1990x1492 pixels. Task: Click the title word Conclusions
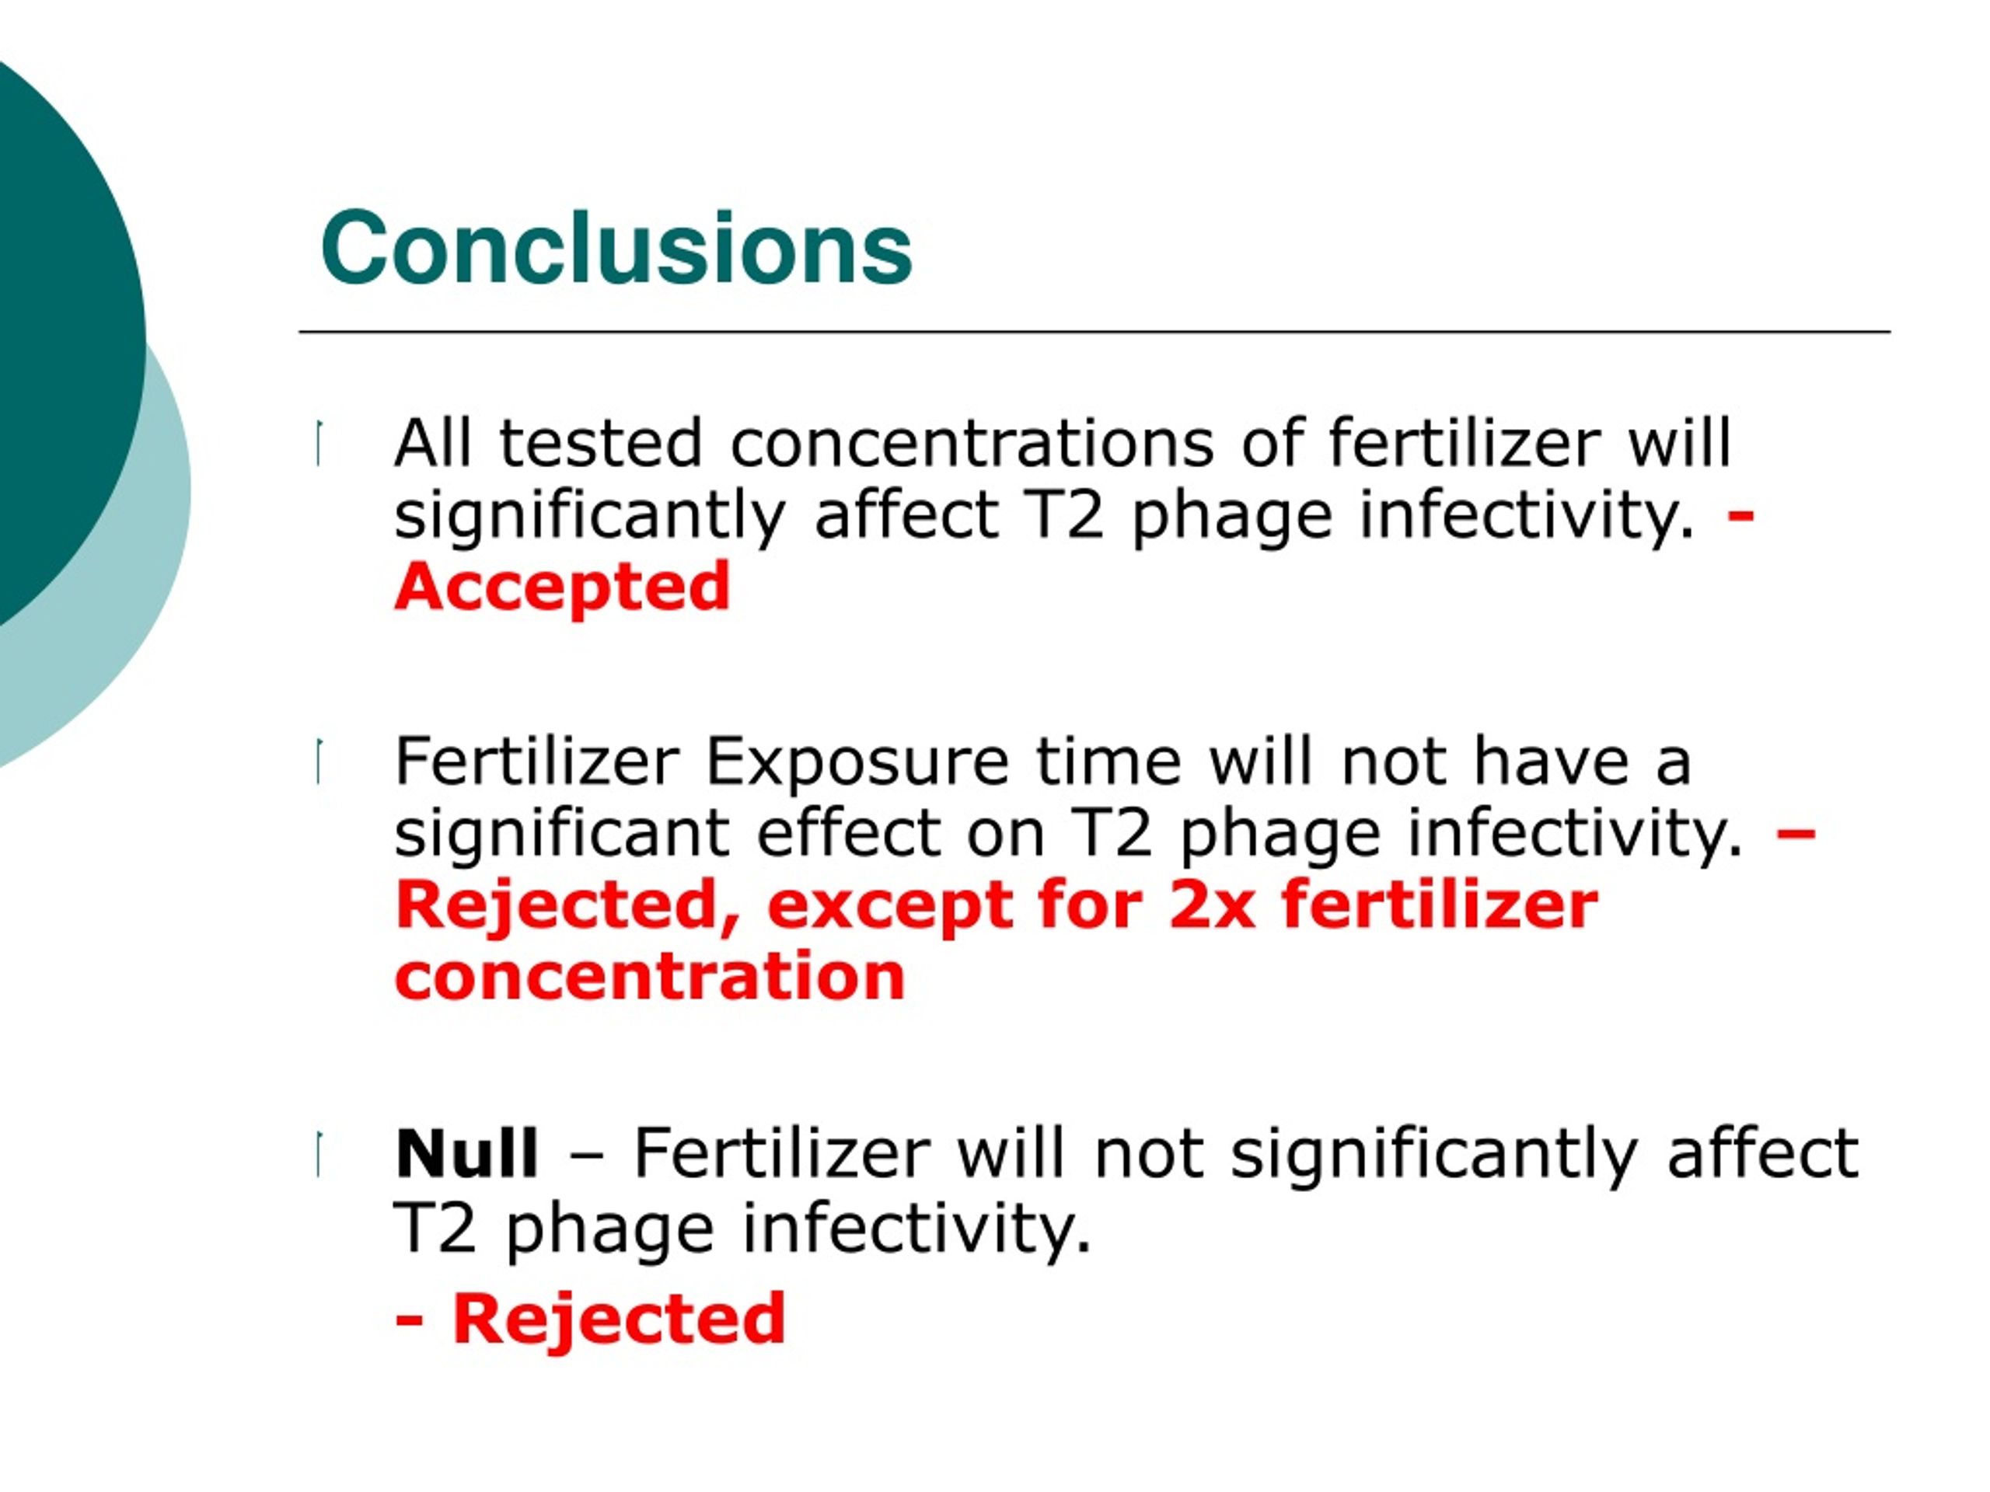click(x=616, y=247)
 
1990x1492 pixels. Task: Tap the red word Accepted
click(x=561, y=587)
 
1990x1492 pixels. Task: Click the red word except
click(x=891, y=907)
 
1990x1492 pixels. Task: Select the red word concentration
click(x=650, y=977)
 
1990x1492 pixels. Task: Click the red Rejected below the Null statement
click(x=619, y=1319)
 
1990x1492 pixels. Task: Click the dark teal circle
click(x=54, y=342)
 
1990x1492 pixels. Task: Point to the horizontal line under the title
click(x=1094, y=332)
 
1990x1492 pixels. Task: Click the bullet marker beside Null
click(x=319, y=1155)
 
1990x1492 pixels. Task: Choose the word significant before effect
click(x=561, y=835)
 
